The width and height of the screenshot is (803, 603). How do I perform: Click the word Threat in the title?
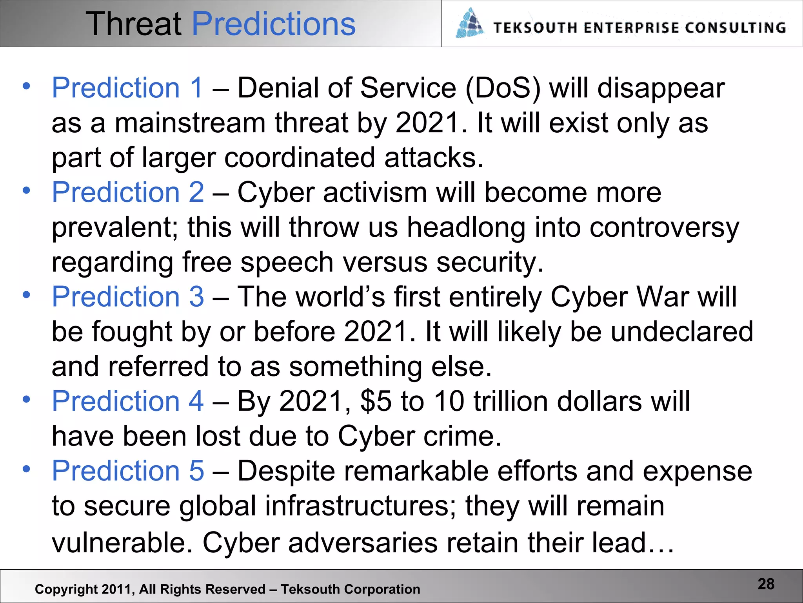[134, 24]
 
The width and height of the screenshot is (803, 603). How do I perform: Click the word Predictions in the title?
[274, 24]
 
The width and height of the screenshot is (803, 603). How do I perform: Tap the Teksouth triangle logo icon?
[469, 24]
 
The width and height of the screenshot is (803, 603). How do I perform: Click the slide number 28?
[766, 584]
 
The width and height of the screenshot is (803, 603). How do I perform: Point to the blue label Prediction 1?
[127, 88]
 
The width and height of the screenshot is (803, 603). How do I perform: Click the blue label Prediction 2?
[128, 192]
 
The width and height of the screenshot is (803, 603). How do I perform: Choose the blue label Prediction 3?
[128, 296]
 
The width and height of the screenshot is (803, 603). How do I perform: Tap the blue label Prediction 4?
[128, 401]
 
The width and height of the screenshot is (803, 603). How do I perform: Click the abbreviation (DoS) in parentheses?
[503, 88]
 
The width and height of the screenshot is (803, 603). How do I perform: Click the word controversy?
[664, 228]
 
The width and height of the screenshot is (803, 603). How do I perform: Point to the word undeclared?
[682, 331]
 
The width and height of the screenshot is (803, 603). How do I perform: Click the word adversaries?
[363, 543]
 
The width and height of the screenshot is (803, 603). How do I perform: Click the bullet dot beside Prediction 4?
[26, 400]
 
